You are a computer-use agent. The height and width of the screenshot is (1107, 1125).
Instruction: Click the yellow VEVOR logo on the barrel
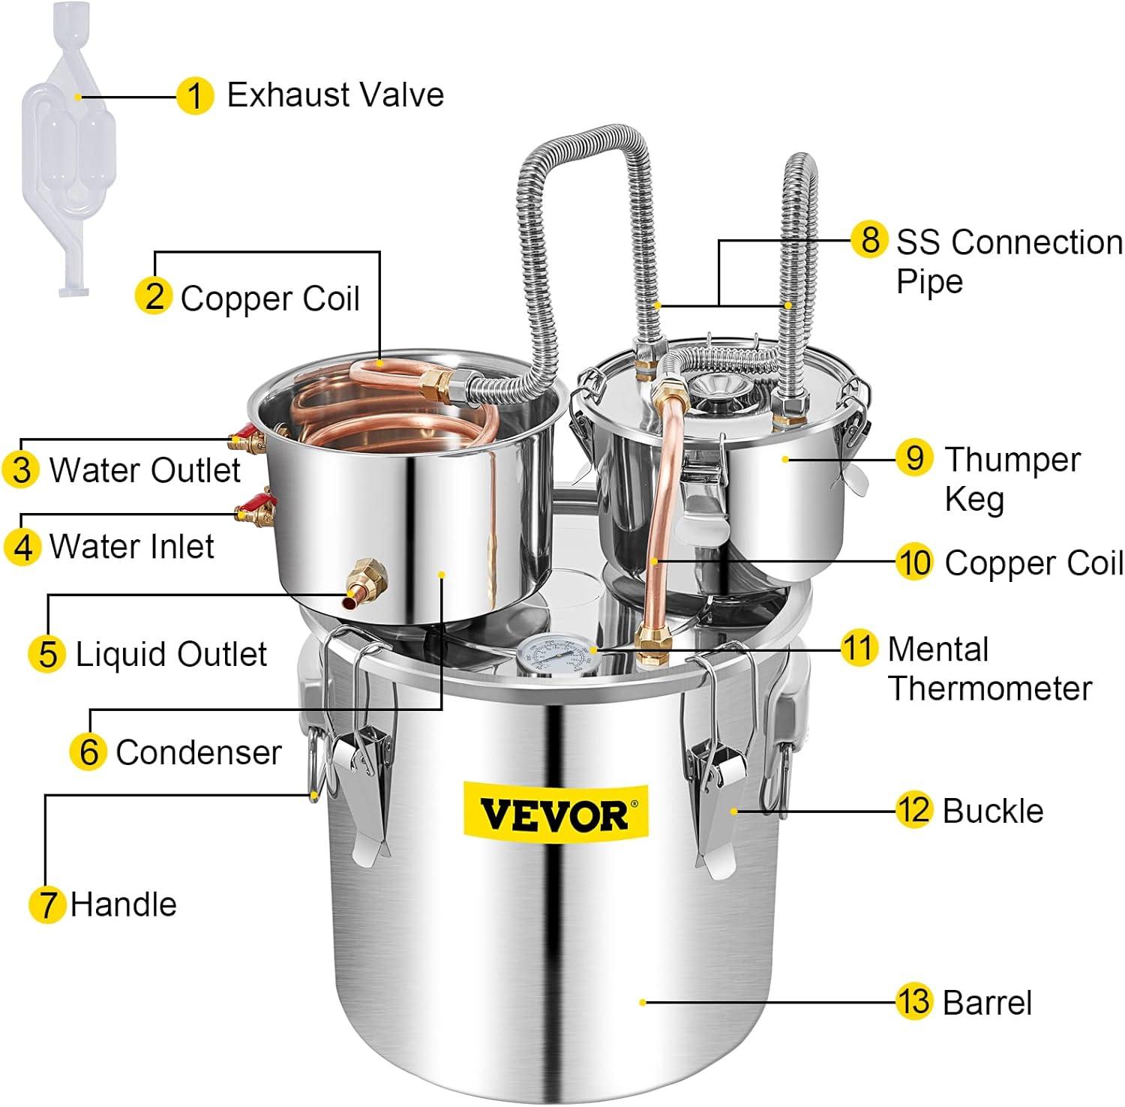coord(555,812)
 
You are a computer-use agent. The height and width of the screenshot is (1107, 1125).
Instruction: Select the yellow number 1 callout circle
coord(195,96)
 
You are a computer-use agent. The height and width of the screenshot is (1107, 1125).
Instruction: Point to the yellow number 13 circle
coord(913,1002)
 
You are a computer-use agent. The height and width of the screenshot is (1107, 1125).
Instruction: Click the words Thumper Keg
coord(1012,479)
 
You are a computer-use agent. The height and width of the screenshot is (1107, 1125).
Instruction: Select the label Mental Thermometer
coord(989,669)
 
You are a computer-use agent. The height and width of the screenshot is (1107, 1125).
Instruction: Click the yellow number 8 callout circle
coord(869,240)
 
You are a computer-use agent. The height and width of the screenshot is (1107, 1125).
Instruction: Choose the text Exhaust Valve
coord(335,95)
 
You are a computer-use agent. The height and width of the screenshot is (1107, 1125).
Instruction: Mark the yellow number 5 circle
coord(47,653)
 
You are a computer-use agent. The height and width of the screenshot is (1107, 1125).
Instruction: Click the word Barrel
coord(987,1003)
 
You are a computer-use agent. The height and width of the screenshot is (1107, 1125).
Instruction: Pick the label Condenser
coord(199,752)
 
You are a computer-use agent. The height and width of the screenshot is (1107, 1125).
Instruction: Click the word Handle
coord(123,904)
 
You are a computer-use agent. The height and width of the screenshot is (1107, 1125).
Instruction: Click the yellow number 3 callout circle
coord(21,469)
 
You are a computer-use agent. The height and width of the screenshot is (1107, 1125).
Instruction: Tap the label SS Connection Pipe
coord(1009,262)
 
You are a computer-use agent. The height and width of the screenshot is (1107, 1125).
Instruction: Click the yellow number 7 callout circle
coord(46,904)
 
